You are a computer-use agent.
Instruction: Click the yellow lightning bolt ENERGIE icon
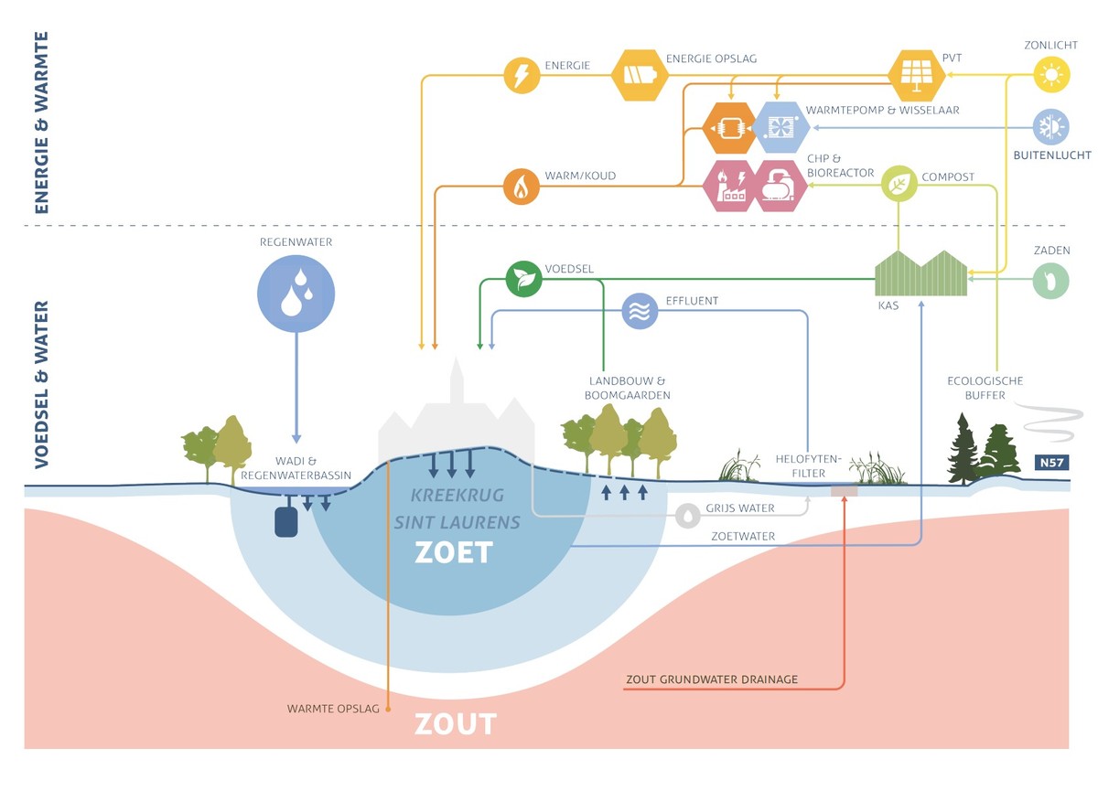pyautogui.click(x=521, y=75)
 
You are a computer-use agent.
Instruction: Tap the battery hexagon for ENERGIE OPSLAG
pyautogui.click(x=640, y=75)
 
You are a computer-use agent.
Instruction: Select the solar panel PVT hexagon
pyautogui.click(x=917, y=75)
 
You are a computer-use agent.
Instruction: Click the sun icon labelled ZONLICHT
pyautogui.click(x=1050, y=74)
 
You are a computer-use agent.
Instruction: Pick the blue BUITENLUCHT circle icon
pyautogui.click(x=1050, y=126)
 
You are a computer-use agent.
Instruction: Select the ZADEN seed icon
pyautogui.click(x=1050, y=282)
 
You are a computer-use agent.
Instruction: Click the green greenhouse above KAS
pyautogui.click(x=920, y=273)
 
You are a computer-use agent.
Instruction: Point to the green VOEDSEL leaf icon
pyautogui.click(x=523, y=279)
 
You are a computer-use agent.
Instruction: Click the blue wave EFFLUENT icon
pyautogui.click(x=640, y=312)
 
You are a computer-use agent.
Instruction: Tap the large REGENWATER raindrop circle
pyautogui.click(x=296, y=290)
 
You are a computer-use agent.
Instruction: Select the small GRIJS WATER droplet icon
pyautogui.click(x=686, y=516)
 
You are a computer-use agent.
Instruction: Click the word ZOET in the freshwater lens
pyautogui.click(x=454, y=552)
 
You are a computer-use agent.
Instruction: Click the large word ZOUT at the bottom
pyautogui.click(x=455, y=724)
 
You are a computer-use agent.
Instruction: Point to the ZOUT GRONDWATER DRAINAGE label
pyautogui.click(x=712, y=679)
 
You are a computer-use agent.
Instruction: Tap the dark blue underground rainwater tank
pyautogui.click(x=287, y=521)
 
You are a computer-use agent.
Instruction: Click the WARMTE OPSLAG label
pyautogui.click(x=333, y=709)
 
